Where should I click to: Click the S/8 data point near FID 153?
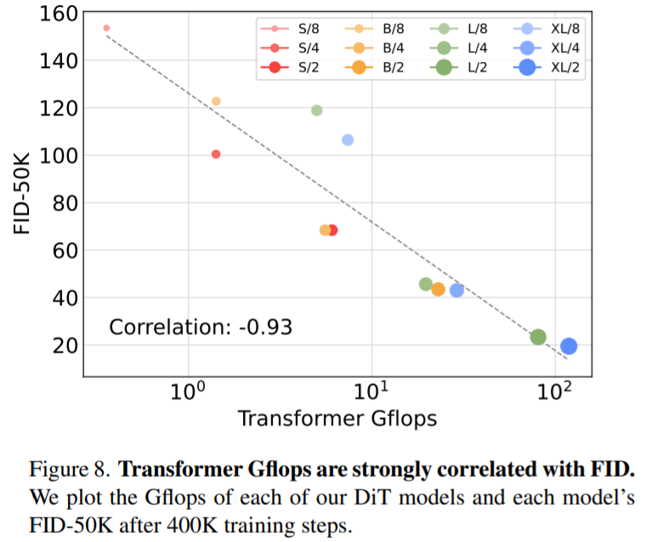click(106, 28)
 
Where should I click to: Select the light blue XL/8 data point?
click(348, 139)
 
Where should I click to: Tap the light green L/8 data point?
click(317, 110)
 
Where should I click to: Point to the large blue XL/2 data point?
click(569, 346)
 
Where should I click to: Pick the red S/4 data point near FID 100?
click(216, 154)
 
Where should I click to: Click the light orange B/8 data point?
click(216, 101)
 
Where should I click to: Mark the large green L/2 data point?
click(538, 337)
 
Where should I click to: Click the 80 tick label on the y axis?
click(65, 203)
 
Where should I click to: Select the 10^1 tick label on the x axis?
click(371, 390)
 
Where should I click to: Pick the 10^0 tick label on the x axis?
click(187, 390)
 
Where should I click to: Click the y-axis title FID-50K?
click(22, 194)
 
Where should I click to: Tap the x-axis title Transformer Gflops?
click(337, 418)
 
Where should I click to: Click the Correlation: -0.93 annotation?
click(201, 326)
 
